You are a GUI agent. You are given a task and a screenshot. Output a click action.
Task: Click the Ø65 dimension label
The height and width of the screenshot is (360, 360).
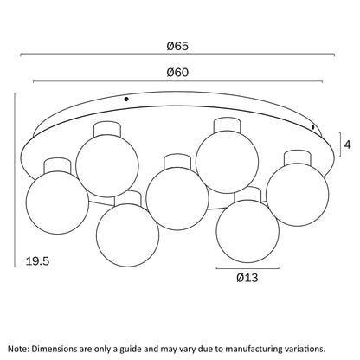tap(177, 46)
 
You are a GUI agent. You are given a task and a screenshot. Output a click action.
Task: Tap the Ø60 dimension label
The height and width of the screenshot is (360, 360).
tap(177, 73)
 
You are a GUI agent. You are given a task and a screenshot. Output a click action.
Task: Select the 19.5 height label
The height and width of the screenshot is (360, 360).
tap(37, 261)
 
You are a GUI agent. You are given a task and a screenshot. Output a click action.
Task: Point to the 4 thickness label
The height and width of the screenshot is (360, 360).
tap(348, 145)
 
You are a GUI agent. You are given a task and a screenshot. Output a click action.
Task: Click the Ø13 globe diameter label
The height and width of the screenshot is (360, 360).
tap(247, 278)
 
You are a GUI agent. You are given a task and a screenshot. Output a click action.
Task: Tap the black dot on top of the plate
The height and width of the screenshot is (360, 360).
tap(126, 100)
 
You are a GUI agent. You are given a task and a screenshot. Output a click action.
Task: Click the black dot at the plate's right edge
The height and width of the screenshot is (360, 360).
tap(313, 126)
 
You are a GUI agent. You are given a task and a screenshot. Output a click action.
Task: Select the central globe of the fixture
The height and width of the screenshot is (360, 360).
tap(177, 198)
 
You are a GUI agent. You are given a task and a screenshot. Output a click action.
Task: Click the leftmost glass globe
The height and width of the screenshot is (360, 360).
tap(57, 202)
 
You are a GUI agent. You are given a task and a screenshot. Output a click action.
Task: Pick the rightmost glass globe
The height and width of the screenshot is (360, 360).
tap(297, 195)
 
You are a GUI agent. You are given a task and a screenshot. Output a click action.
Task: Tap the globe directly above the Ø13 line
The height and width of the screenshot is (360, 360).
tap(247, 231)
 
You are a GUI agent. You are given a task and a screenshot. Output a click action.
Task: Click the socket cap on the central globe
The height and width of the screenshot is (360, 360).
tap(177, 162)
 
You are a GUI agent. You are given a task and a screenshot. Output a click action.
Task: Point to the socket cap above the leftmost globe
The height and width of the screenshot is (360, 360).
tap(57, 165)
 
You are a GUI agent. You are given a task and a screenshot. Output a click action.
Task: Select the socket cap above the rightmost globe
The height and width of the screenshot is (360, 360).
tap(298, 157)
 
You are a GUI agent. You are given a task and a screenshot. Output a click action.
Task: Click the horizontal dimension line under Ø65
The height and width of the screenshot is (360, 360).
tap(177, 54)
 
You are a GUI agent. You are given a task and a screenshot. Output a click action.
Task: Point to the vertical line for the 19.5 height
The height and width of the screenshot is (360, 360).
tap(15, 180)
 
